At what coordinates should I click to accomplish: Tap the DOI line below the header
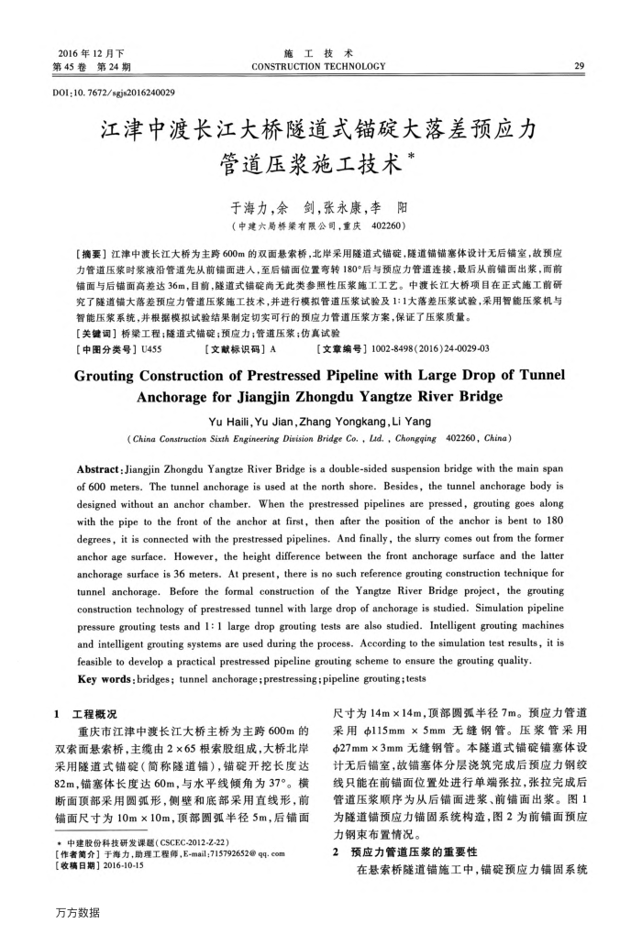click(108, 93)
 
